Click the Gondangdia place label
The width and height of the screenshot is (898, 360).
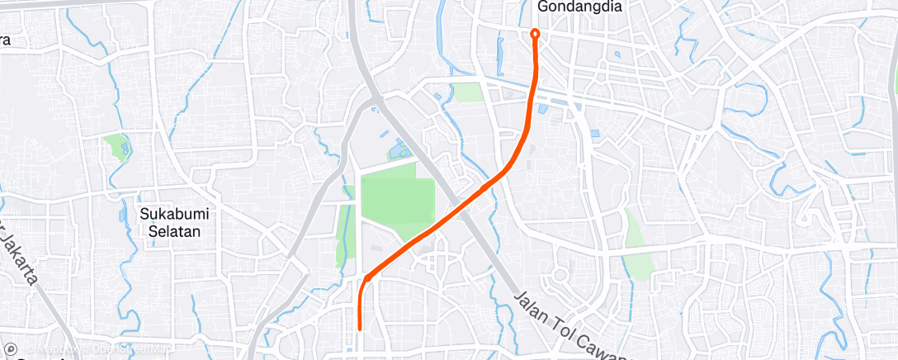click(x=579, y=7)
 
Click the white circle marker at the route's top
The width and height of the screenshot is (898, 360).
click(x=535, y=34)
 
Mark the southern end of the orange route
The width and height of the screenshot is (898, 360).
click(x=360, y=329)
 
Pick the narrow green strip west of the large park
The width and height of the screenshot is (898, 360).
click(x=343, y=236)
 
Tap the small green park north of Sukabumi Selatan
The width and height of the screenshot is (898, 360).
click(x=114, y=146)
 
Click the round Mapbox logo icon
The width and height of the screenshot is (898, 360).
click(x=10, y=350)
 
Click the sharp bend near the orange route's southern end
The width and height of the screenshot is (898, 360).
click(x=364, y=278)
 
